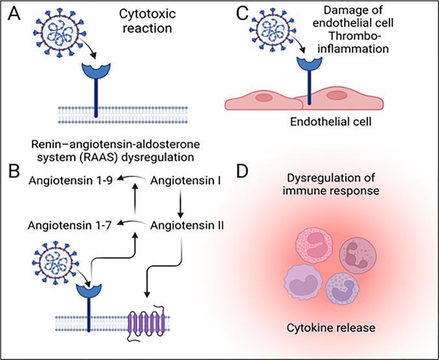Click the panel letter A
12,14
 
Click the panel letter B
12,174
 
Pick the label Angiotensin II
187,225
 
